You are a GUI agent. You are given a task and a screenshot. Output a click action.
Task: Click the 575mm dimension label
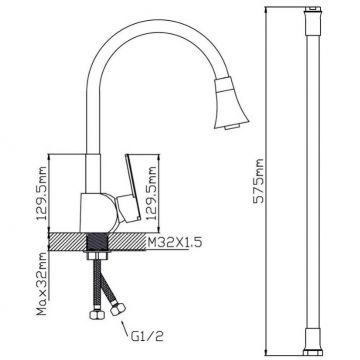coord(258,180)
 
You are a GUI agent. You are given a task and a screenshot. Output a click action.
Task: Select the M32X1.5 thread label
coord(175,242)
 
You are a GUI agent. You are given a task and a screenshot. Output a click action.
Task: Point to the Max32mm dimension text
coord(42,284)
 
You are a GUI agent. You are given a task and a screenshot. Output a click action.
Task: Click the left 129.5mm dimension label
coord(42,193)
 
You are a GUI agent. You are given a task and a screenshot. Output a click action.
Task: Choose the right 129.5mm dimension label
coord(152,193)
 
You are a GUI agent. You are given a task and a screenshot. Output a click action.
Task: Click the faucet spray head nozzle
coord(231,103)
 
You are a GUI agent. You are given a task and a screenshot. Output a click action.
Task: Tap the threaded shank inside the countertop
coord(98,242)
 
